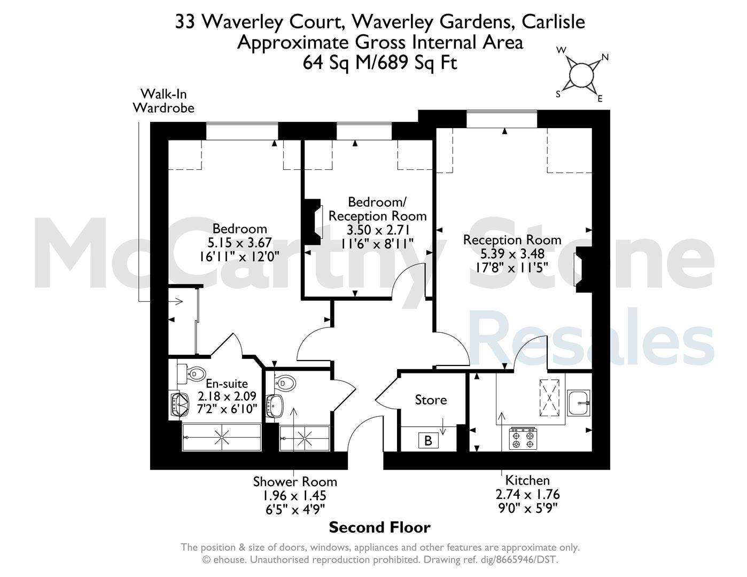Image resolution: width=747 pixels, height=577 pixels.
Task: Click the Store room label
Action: tap(431, 400)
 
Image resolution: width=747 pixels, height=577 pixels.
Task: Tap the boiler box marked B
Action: tap(428, 440)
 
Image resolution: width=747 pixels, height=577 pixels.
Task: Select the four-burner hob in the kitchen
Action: tap(523, 438)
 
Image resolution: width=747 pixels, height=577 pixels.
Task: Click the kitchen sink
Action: tap(579, 402)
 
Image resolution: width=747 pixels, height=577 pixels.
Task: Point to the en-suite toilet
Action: tap(191, 374)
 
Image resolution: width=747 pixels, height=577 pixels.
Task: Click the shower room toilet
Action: tap(285, 382)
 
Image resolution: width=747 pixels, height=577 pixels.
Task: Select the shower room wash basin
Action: tap(276, 406)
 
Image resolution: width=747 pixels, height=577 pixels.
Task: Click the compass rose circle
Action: tap(581, 75)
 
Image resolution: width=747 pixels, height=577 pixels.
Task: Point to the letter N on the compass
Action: tap(605, 57)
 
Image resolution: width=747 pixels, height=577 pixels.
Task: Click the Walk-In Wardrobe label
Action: tap(164, 100)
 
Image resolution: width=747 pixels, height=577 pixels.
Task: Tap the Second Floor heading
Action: tap(379, 527)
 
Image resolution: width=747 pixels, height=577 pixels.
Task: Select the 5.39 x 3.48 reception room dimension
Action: tap(512, 254)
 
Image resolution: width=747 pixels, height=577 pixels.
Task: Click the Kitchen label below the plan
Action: tap(527, 480)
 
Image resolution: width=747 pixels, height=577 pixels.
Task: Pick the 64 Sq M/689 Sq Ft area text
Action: tap(380, 63)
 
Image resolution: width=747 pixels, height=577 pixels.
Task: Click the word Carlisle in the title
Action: tap(553, 21)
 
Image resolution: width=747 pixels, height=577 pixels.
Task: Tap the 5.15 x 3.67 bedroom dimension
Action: tap(239, 243)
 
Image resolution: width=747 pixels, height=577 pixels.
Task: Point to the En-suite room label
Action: tap(227, 384)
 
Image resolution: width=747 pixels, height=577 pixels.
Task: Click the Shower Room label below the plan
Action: tap(295, 482)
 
